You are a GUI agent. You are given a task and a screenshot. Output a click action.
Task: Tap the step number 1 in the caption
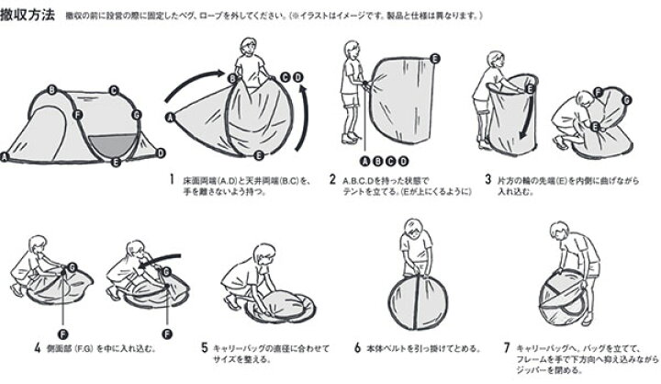click(x=172, y=181)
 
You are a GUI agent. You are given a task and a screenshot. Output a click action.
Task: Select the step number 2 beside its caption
click(x=332, y=181)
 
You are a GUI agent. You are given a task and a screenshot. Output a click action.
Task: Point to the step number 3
click(x=489, y=181)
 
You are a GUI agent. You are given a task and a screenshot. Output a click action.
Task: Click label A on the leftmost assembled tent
click(x=6, y=157)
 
